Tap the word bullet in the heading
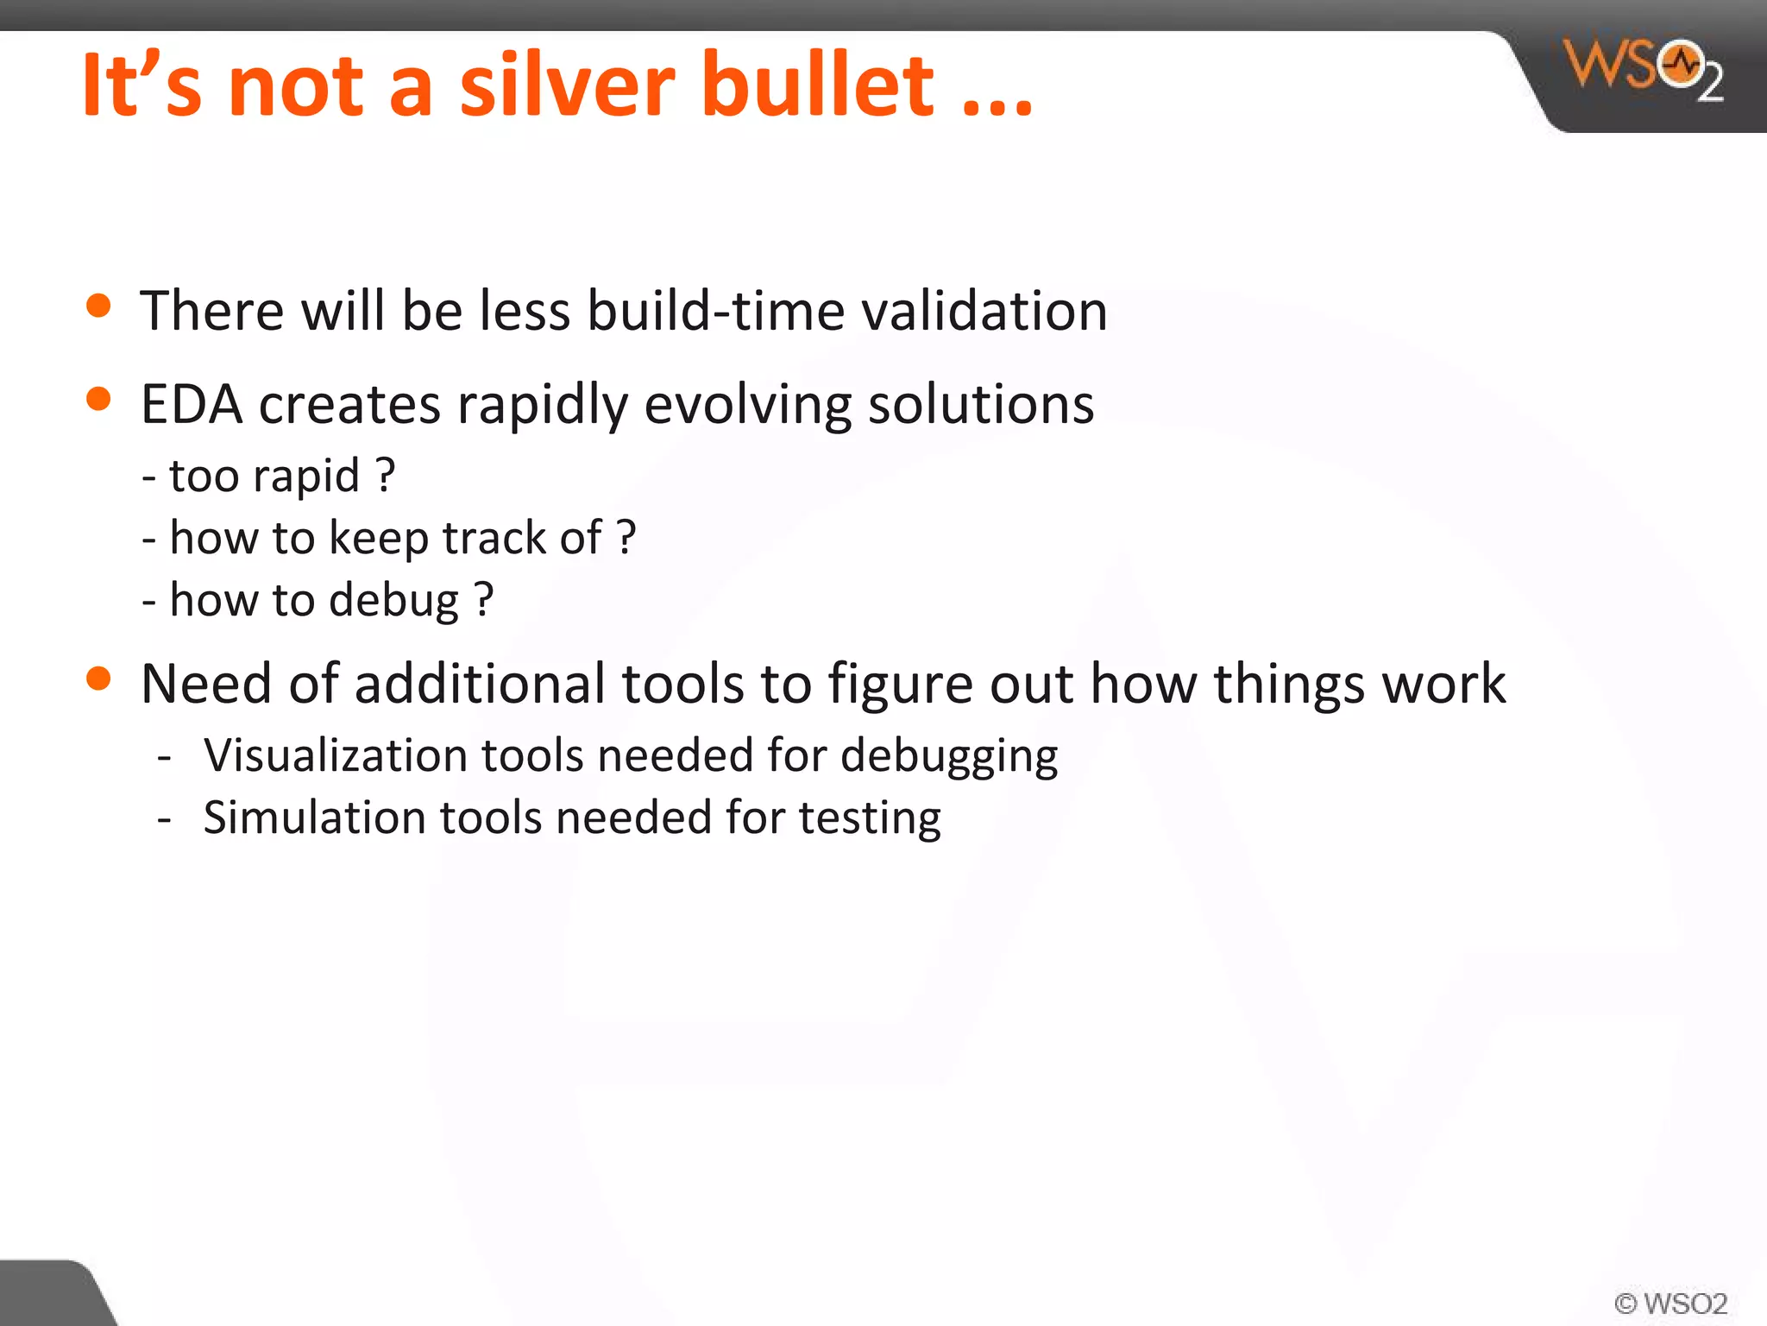816,85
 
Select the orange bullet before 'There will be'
99,306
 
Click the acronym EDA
192,404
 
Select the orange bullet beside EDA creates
99,399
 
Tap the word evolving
747,404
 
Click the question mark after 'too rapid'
386,475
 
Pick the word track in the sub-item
494,538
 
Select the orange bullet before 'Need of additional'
99,679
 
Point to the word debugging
949,757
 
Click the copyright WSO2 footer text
1670,1303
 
